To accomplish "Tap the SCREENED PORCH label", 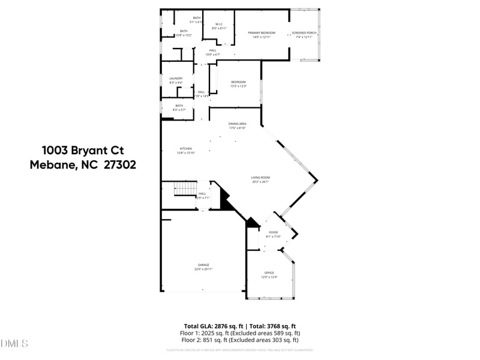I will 304,32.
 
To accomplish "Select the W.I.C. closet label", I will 219,25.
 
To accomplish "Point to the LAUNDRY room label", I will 176,79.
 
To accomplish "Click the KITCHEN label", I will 186,149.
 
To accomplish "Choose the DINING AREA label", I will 238,124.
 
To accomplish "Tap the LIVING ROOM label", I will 260,178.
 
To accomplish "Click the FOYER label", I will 273,232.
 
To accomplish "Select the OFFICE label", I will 269,273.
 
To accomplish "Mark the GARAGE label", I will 203,265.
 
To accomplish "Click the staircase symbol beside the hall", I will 186,189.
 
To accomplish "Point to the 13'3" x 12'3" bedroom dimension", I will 239,86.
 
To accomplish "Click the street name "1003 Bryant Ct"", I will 83,150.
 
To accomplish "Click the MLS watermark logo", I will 14,344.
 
